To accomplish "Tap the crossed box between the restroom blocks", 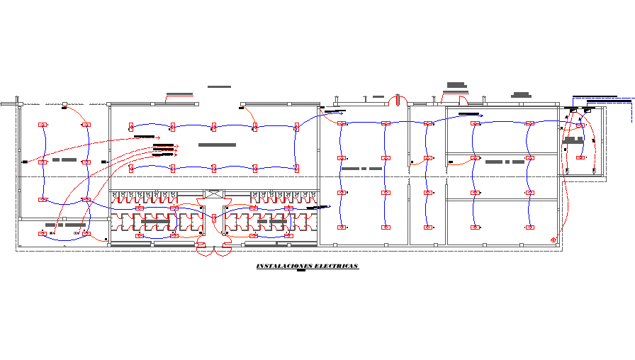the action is click(x=213, y=193).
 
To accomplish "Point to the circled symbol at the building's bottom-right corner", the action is click(x=553, y=241).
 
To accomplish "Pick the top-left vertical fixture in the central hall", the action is click(x=131, y=127).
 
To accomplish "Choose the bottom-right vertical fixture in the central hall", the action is click(x=296, y=168).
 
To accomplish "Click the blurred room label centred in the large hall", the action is click(x=216, y=145).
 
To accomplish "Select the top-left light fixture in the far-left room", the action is click(x=43, y=125).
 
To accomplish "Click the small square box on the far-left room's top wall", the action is click(x=64, y=104).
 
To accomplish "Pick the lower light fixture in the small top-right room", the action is click(x=580, y=157).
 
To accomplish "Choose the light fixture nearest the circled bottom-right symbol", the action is click(x=529, y=227).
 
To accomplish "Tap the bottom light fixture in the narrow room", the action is click(x=427, y=227).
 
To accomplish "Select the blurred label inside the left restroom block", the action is click(x=155, y=222).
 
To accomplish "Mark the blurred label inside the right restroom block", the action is click(x=271, y=222).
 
